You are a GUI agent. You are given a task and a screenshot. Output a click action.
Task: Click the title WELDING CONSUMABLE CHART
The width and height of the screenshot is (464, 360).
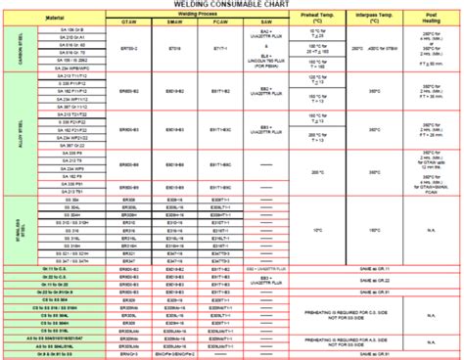(232, 7)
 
